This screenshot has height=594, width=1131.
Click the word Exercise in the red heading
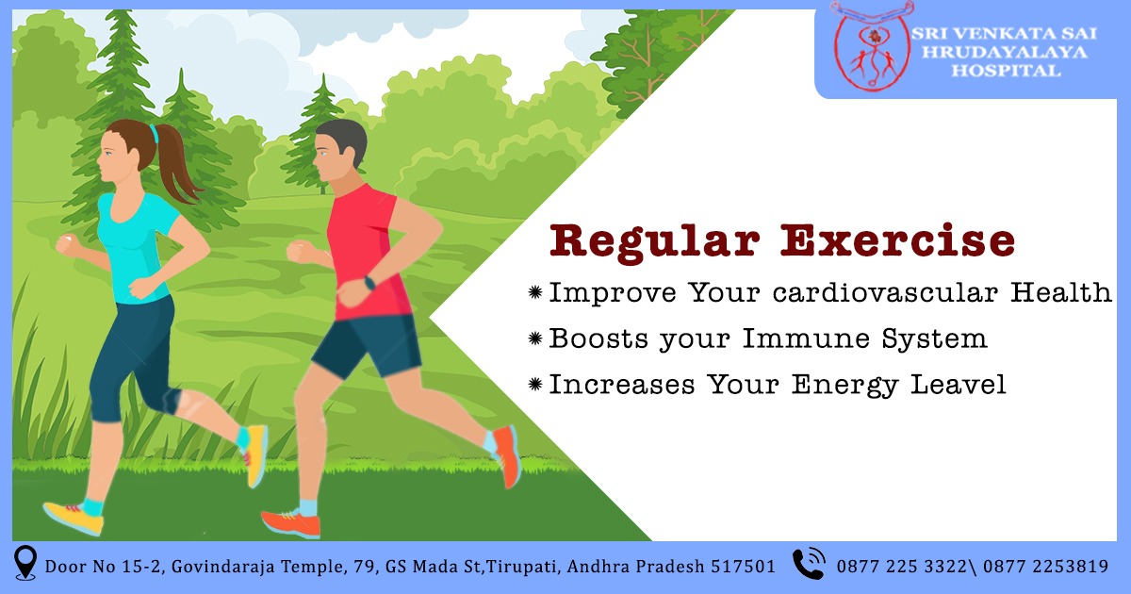coord(897,240)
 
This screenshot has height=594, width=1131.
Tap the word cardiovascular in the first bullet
coord(886,292)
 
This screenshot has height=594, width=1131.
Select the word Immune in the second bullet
coord(807,338)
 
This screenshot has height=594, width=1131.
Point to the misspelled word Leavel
coord(959,384)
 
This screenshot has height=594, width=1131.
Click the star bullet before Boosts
coord(535,338)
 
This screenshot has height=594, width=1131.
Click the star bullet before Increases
coord(535,385)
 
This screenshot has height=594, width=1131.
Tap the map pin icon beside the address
coord(25,562)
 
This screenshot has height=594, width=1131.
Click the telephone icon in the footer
coord(810,563)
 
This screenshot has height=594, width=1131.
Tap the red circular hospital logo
coord(872,46)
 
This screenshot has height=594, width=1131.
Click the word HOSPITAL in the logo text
coord(1007,71)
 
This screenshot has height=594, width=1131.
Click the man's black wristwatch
coord(369,283)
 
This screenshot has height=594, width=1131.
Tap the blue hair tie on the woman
coord(154,133)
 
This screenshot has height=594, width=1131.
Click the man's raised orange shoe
coord(507,456)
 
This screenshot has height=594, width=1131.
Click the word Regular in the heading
coord(654,243)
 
